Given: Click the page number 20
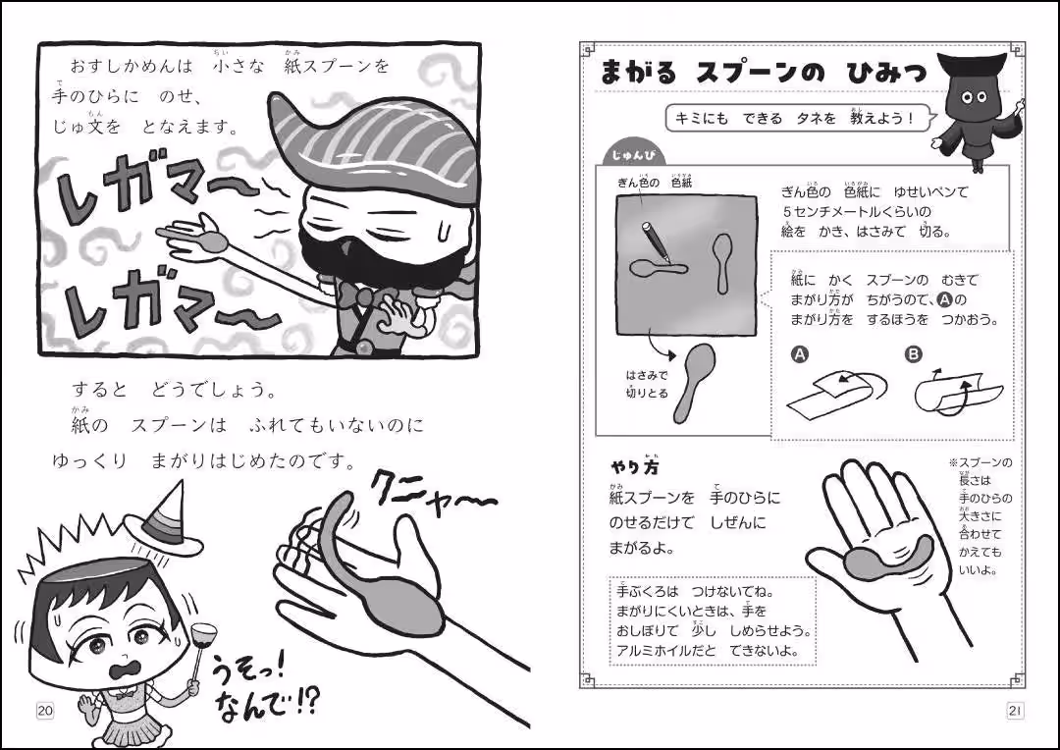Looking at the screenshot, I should pos(45,711).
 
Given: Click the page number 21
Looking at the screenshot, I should pos(1015,711).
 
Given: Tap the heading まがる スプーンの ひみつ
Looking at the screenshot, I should pos(762,74).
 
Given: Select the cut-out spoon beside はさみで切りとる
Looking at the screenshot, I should pos(694,381).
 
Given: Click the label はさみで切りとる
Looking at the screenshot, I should pos(646,384).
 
